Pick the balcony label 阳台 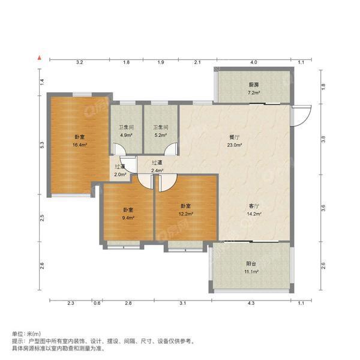pyautogui.click(x=252, y=263)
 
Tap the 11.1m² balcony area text pyautogui.click(x=252, y=272)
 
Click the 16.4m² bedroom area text pyautogui.click(x=80, y=145)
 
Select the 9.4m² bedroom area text pyautogui.click(x=128, y=218)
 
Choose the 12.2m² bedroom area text pyautogui.click(x=186, y=214)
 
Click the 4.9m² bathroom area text pyautogui.click(x=126, y=136)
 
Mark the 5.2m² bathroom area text pyautogui.click(x=159, y=136)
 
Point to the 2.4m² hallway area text pyautogui.click(x=157, y=170)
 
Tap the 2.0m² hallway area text pyautogui.click(x=120, y=175)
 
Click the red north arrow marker pyautogui.click(x=39, y=58)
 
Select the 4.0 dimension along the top pyautogui.click(x=253, y=62)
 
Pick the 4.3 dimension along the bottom pyautogui.click(x=251, y=304)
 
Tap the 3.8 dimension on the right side pyautogui.click(x=323, y=139)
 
